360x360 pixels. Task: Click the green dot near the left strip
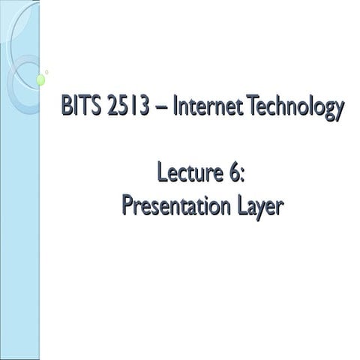pos(41,79)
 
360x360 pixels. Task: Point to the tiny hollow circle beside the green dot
pos(47,72)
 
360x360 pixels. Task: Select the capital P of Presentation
pos(127,204)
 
